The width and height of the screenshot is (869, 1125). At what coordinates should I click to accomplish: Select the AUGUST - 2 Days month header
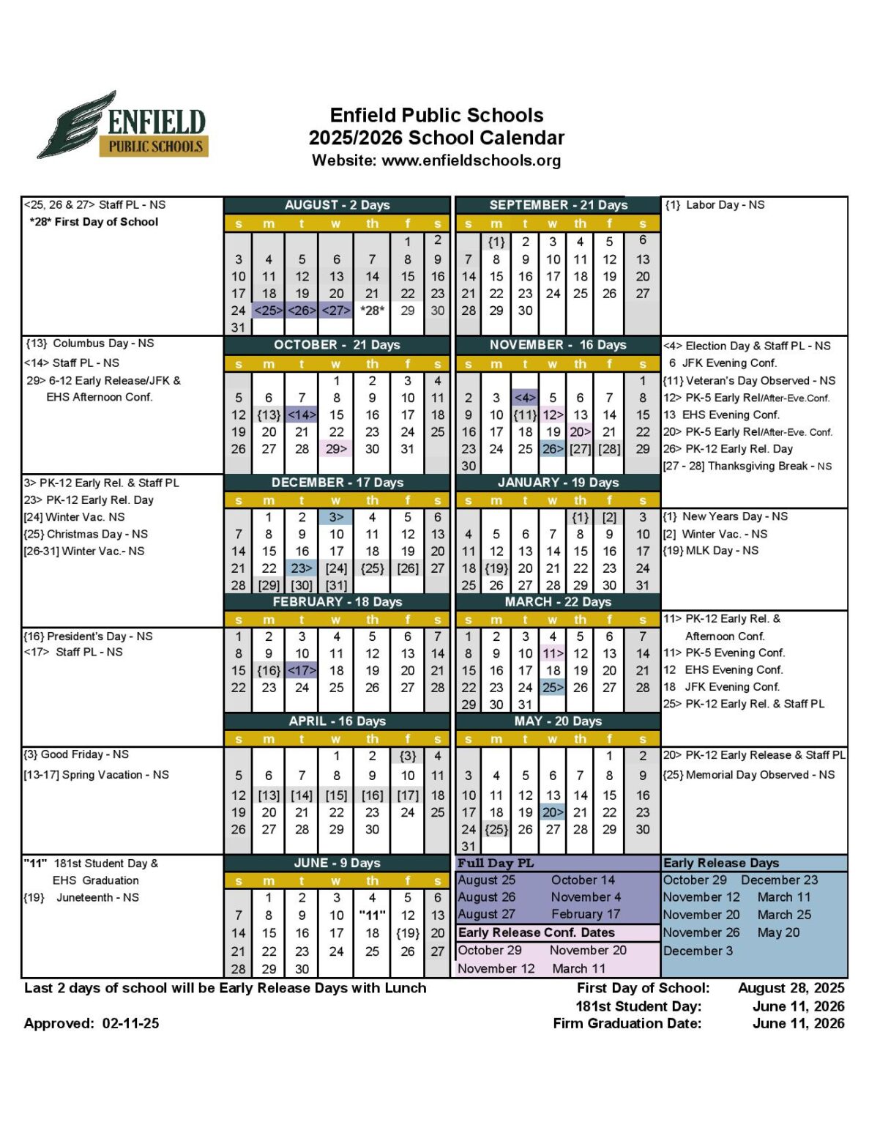[337, 205]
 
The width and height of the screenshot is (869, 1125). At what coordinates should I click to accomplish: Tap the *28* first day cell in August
[372, 311]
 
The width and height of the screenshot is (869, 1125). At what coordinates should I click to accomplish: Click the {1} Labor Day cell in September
[496, 242]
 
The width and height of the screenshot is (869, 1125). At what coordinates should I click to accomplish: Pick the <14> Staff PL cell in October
[301, 415]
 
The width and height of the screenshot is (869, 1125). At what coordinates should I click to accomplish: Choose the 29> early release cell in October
[336, 449]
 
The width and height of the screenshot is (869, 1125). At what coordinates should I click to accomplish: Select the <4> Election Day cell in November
[525, 398]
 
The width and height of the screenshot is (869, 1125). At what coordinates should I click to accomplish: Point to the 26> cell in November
[553, 449]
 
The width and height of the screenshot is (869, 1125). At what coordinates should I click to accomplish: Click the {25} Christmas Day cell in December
[372, 568]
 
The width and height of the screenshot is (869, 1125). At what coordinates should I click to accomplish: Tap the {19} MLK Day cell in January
[496, 568]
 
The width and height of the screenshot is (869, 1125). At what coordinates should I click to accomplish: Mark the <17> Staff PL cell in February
[301, 671]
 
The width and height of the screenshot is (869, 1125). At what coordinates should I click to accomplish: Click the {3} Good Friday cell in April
[408, 756]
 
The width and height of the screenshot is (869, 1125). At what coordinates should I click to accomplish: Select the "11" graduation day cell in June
[372, 915]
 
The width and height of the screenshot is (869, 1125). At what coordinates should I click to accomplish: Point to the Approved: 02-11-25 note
[92, 1024]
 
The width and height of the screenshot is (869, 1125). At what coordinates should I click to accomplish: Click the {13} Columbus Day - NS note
[89, 344]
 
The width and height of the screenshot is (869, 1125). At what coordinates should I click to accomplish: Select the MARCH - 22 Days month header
[557, 602]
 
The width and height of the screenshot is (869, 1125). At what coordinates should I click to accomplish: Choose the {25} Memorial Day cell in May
[496, 830]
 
